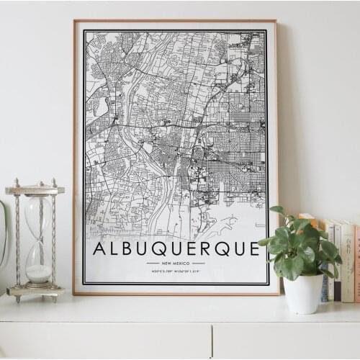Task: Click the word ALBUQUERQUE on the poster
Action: [x=176, y=249]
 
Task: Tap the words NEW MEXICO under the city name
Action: [x=176, y=263]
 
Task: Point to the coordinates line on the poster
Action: [x=176, y=272]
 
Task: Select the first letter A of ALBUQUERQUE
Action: [x=99, y=249]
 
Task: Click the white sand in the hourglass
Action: [x=39, y=274]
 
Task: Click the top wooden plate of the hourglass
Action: [x=35, y=190]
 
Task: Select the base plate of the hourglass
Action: [x=35, y=292]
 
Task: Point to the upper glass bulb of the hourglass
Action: [x=38, y=216]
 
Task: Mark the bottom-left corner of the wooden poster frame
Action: [x=74, y=294]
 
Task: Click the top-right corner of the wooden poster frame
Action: [x=276, y=21]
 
